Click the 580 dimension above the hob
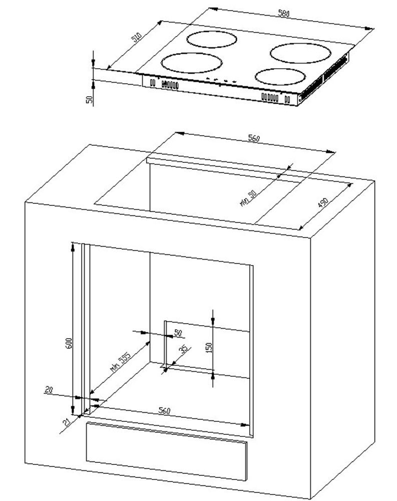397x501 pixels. point(284,14)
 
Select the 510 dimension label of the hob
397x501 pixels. point(136,38)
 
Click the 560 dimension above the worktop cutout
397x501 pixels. point(254,138)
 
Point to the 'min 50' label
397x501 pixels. point(248,198)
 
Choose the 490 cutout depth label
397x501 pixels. point(323,203)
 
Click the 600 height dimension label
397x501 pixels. point(69,343)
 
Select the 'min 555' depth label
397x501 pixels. point(121,362)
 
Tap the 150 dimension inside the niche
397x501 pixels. point(209,348)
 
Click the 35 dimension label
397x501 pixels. point(184,349)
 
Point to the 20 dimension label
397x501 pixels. point(49,389)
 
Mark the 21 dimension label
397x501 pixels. point(67,422)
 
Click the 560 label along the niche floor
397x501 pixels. point(165,411)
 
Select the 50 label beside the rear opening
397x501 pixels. point(178,333)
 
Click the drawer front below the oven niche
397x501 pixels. point(166,451)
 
